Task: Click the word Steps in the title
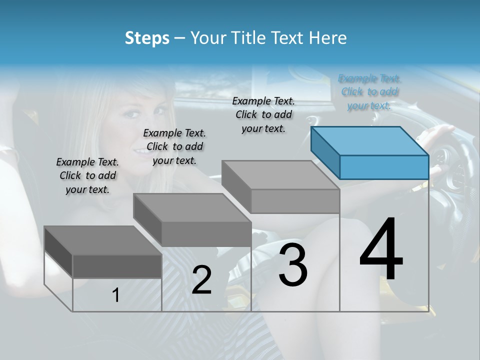tap(147, 38)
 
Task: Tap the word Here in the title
tap(327, 38)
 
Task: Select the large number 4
tap(381, 250)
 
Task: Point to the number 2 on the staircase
tap(201, 280)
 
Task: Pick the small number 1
tap(116, 295)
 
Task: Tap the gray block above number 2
tap(192, 220)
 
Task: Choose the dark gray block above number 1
tap(103, 252)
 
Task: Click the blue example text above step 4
tap(369, 92)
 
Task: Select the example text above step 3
tap(263, 114)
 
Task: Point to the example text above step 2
tap(174, 146)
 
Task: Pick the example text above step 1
tap(87, 175)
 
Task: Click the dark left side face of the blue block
tap(325, 152)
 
